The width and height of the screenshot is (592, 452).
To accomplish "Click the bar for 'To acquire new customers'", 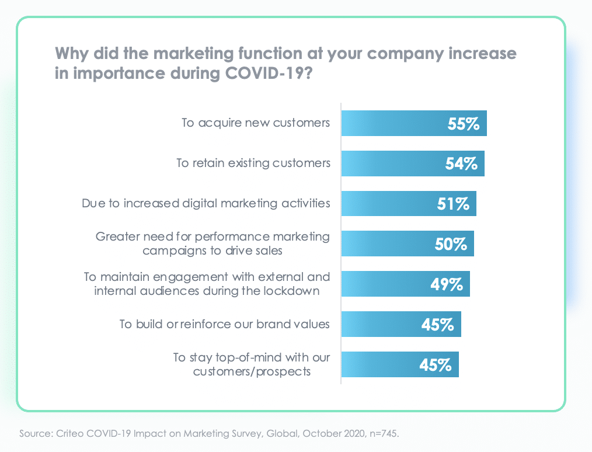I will (413, 123).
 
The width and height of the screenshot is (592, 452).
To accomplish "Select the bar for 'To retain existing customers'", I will (412, 164).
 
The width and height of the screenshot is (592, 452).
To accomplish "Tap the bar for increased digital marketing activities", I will (408, 204).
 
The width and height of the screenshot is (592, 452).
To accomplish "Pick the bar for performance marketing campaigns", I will (407, 244).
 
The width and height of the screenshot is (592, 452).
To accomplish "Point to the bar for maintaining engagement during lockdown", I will (405, 284).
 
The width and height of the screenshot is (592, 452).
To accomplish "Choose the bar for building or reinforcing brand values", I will (401, 324).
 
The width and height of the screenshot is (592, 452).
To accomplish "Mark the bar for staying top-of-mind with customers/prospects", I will (399, 364).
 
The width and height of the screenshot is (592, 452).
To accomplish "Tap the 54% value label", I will (461, 164).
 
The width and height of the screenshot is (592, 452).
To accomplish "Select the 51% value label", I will (453, 204).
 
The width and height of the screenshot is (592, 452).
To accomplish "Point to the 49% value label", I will (447, 284).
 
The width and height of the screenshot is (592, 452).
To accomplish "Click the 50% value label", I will (451, 244).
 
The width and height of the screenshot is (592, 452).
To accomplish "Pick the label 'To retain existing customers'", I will (253, 163).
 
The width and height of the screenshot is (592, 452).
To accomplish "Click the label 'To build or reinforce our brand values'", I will (225, 324).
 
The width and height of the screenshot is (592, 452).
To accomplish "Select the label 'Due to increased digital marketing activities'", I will (206, 203).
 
